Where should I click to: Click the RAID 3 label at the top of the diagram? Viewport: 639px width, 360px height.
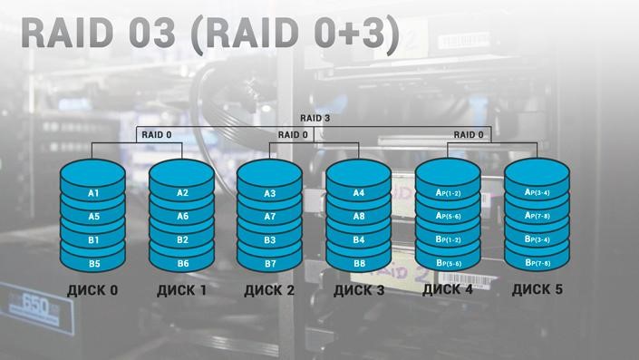(315, 118)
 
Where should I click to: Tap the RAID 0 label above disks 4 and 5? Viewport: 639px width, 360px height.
(468, 134)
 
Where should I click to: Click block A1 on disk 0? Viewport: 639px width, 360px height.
(93, 194)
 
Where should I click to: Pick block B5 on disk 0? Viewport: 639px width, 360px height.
(93, 264)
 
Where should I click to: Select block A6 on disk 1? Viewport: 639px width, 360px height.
(182, 217)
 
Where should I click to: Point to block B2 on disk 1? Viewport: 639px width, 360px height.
(182, 240)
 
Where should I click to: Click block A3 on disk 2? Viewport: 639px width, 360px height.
(270, 194)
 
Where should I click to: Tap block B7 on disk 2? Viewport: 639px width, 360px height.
(270, 264)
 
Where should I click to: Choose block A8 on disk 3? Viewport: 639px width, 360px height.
(359, 217)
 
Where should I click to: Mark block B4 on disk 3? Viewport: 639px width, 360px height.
(359, 240)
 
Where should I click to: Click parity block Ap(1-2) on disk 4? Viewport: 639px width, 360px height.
(448, 193)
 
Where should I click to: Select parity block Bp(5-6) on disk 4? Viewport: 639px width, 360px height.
(448, 263)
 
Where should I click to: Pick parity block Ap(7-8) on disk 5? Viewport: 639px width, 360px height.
(537, 216)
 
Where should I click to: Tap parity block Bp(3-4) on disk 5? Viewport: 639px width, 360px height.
(537, 239)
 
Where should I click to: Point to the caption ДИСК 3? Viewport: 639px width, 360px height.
(359, 291)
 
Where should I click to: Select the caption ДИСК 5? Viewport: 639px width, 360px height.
(537, 291)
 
